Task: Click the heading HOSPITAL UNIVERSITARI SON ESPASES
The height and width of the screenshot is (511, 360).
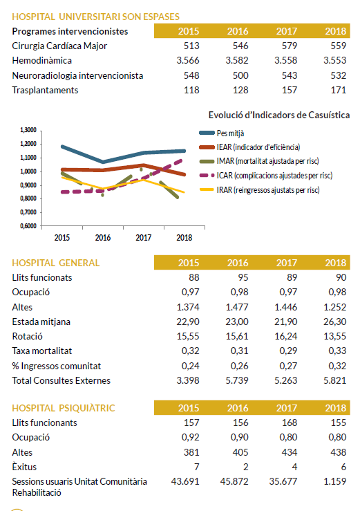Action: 96,17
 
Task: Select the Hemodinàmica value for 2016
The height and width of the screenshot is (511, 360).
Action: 237,61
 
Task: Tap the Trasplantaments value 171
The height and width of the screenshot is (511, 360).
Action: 339,91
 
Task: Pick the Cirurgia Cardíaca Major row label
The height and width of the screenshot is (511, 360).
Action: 59,46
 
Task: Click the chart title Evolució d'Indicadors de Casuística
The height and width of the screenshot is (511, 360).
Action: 279,115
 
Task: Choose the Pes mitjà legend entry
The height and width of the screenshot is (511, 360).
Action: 222,133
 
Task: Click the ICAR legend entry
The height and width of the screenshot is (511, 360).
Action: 266,176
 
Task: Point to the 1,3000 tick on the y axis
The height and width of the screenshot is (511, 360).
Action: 28,130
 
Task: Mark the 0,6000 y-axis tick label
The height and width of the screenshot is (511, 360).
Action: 28,226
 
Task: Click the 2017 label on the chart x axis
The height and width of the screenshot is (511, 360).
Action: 143,238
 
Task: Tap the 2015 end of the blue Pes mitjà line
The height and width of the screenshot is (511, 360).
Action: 62,147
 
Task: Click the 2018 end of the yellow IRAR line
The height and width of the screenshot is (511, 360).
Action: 184,192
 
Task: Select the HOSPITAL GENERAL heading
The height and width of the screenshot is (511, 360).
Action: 56,263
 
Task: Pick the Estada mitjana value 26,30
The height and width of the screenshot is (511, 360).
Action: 335,322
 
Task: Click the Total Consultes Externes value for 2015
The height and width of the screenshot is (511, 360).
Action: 188,380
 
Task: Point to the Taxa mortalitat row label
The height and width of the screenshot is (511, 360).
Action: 42,351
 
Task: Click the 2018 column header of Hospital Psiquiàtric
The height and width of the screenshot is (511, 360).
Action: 336,408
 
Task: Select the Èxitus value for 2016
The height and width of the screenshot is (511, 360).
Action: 246,467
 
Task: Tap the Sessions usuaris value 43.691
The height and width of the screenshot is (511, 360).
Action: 185,482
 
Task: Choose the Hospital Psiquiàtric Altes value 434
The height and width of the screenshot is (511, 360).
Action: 290,453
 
